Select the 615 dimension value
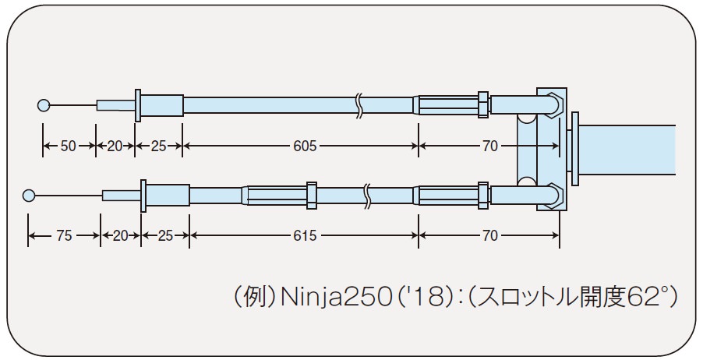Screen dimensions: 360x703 point(304,236)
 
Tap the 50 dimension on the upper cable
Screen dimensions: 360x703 point(68,146)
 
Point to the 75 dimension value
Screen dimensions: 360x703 point(63,236)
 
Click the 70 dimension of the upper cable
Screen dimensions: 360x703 point(489,146)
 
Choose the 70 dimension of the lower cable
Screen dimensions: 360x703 point(489,236)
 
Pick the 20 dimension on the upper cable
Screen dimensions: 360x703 point(115,146)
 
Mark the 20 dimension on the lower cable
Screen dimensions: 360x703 point(120,236)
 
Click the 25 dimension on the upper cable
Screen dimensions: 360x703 point(159,146)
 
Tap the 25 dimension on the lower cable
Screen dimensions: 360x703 point(165,236)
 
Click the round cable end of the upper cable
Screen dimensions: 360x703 point(44,105)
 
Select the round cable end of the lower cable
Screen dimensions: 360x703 point(30,195)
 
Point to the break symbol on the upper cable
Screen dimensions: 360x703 point(359,104)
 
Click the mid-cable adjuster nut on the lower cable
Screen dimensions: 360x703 point(312,195)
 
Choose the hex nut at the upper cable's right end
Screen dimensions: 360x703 point(483,104)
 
